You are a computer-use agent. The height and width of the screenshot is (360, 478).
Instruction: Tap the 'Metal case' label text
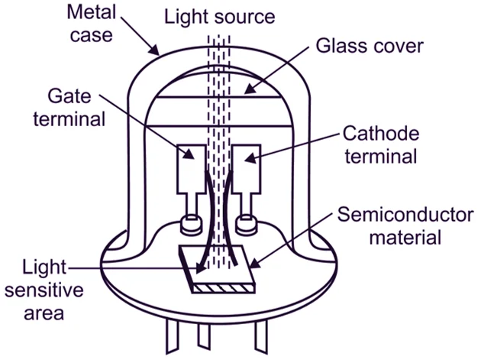click(90, 24)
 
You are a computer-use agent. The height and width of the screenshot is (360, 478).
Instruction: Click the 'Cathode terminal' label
click(380, 145)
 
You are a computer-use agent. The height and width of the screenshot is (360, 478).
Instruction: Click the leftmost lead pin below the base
click(170, 341)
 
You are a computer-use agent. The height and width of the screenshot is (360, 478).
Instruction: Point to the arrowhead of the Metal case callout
click(157, 57)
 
